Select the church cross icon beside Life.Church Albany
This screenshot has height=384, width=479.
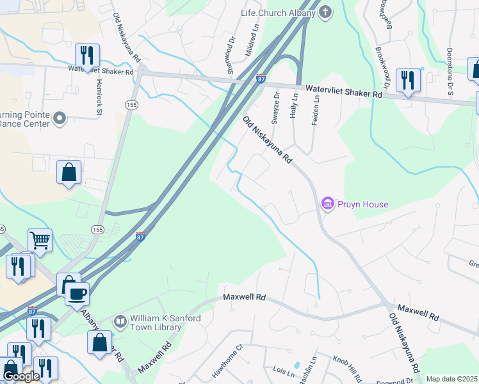point(326,12)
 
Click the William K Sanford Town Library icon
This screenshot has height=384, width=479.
point(120,320)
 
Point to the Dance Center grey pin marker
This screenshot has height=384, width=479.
point(60,118)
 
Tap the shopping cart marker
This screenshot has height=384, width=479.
point(40,241)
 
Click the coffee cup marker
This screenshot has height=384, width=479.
point(77,294)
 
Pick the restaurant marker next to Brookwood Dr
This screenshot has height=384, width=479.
point(407,80)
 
